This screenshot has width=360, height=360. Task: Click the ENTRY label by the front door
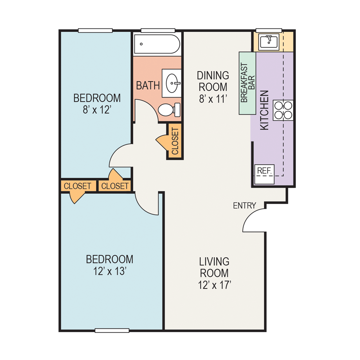coord(244,206)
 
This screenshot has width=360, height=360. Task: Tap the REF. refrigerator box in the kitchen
coord(265,174)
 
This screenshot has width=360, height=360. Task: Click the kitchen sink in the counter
coord(269,42)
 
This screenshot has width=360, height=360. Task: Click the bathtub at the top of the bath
coord(157,44)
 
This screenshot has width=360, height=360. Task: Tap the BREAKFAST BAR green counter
coord(247,83)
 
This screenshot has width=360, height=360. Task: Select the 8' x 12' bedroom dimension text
coord(97,109)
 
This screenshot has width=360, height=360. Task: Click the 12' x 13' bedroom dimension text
coord(109,271)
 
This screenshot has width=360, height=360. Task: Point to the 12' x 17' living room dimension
coord(214,285)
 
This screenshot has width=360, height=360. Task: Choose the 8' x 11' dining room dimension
coord(213,98)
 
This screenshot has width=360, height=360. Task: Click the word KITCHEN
coord(265,110)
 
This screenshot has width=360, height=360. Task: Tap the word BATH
coord(148,85)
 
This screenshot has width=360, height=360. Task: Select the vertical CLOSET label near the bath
coord(175,141)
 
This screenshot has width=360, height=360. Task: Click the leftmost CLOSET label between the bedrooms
coord(77,186)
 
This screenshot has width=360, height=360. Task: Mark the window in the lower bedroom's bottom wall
coord(112,330)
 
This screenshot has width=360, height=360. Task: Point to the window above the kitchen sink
coord(269,30)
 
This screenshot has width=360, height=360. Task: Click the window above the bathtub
coord(158,30)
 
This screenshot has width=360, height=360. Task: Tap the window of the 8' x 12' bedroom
coord(95,30)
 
